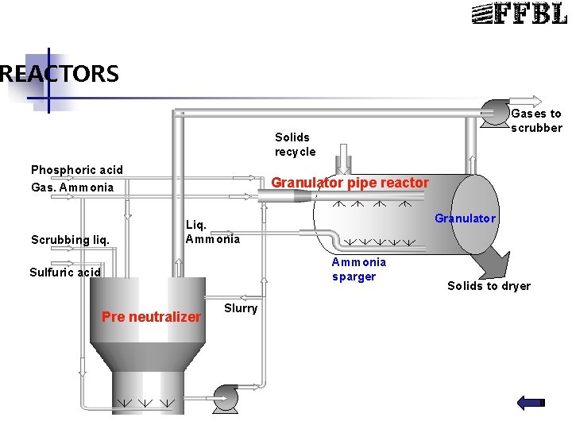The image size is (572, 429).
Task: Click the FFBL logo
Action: (520, 14)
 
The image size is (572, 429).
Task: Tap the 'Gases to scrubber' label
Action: (536, 121)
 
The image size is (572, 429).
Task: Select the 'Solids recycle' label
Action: (295, 145)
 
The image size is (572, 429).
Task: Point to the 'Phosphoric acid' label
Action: (77, 170)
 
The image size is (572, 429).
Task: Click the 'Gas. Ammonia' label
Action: (71, 187)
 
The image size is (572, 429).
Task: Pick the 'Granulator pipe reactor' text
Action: (350, 184)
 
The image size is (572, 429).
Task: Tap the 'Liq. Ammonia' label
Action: (212, 231)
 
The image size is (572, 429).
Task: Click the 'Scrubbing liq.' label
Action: (70, 239)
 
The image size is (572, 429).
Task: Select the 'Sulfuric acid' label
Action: (65, 272)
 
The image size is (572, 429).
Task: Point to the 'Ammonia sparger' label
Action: (359, 269)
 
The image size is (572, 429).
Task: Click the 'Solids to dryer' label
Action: (489, 286)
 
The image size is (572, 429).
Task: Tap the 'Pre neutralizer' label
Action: (151, 317)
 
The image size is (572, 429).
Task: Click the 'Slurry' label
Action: (240, 308)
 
